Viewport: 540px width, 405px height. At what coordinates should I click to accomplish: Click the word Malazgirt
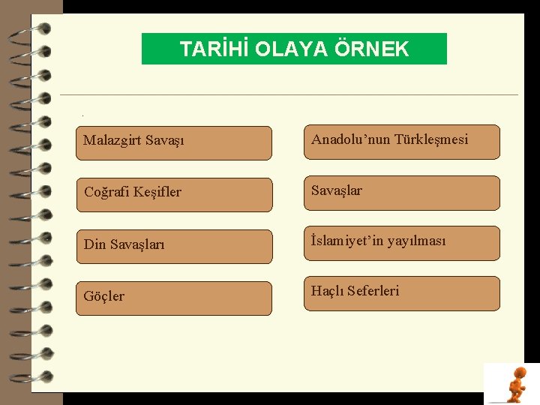113,141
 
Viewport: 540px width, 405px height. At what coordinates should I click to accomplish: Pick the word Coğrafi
106,192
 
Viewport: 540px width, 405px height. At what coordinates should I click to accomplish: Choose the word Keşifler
157,192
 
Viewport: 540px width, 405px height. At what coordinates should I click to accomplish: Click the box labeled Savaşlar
401,193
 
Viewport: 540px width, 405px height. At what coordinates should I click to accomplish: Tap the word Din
94,244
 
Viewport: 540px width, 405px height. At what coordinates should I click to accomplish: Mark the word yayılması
417,241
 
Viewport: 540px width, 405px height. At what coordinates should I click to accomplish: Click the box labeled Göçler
173,298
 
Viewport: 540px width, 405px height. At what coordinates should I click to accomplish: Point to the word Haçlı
327,291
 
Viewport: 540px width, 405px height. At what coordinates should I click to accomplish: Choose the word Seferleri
373,291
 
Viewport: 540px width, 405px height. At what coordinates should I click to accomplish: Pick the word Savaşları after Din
137,244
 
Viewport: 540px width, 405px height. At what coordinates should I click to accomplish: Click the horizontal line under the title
289,94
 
